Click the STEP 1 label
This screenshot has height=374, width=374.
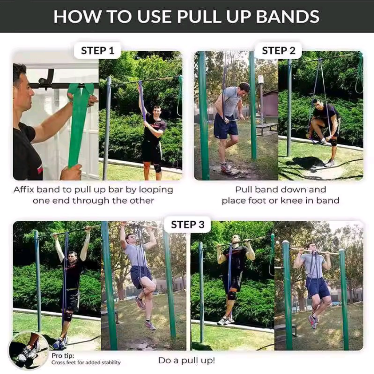97,51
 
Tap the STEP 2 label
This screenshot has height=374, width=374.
279,51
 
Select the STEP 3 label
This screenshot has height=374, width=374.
188,224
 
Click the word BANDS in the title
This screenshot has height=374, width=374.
287,16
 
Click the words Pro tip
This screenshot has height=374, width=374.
63,356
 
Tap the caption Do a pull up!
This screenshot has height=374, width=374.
187,360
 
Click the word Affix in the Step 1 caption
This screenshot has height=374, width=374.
24,189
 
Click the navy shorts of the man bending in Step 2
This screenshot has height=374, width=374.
225,126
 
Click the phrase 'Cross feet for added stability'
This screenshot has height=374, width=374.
86,363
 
